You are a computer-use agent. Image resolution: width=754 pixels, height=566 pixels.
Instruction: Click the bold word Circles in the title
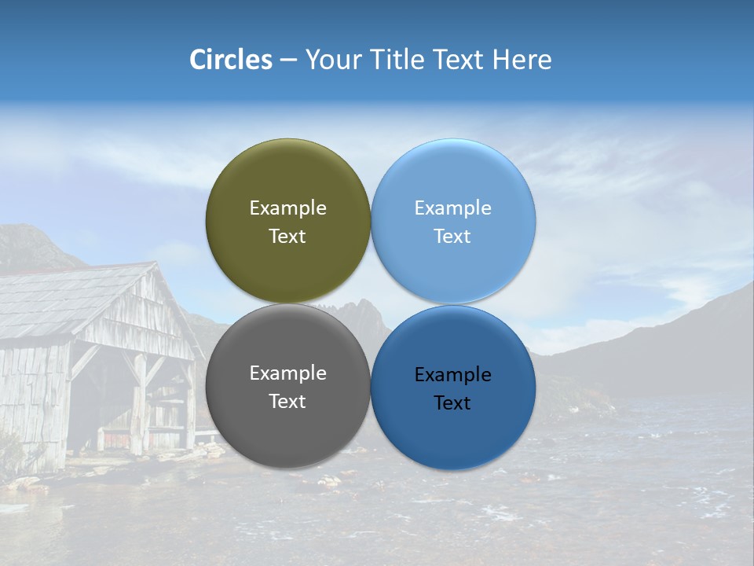(231, 60)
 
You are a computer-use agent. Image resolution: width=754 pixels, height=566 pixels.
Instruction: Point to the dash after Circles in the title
(288, 61)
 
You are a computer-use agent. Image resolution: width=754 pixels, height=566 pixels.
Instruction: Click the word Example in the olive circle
(287, 208)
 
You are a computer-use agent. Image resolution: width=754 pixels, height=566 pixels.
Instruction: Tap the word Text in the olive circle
(287, 237)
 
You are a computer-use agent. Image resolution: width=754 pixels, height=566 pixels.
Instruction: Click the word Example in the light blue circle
(453, 208)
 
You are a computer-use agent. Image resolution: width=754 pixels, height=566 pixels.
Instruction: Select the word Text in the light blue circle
(453, 237)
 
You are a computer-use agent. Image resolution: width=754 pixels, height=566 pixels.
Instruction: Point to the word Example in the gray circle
(287, 373)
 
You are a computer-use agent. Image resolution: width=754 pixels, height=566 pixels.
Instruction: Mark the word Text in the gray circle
(287, 402)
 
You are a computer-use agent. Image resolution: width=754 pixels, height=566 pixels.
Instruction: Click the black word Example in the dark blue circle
(453, 375)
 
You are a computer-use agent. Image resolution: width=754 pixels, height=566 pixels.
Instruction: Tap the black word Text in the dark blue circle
(453, 403)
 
